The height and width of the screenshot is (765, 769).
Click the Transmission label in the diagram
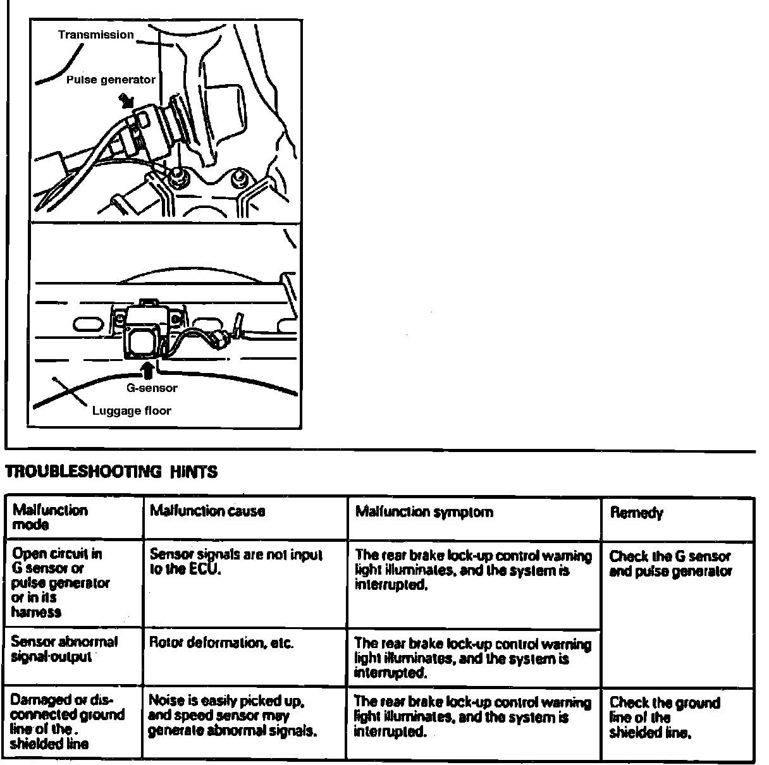click(95, 35)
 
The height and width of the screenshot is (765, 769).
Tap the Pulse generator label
click(111, 80)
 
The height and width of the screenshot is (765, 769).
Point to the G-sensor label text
click(152, 388)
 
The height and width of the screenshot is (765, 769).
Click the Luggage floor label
click(132, 411)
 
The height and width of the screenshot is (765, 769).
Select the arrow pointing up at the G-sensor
click(147, 369)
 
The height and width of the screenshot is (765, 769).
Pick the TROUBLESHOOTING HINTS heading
click(111, 472)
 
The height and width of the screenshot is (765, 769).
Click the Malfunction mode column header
click(50, 517)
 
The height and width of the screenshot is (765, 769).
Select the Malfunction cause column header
click(207, 511)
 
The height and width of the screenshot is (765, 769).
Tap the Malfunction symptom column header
click(424, 511)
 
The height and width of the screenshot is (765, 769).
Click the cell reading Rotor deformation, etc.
click(221, 643)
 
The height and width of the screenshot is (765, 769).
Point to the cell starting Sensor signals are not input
click(236, 561)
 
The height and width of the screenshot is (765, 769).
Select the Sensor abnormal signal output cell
click(65, 649)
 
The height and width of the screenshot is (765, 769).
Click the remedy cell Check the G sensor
click(670, 564)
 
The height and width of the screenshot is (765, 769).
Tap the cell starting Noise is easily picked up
click(232, 716)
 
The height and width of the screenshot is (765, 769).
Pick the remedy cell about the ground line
click(664, 718)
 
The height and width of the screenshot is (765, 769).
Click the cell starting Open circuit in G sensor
click(60, 582)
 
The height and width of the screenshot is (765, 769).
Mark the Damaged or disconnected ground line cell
click(68, 721)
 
